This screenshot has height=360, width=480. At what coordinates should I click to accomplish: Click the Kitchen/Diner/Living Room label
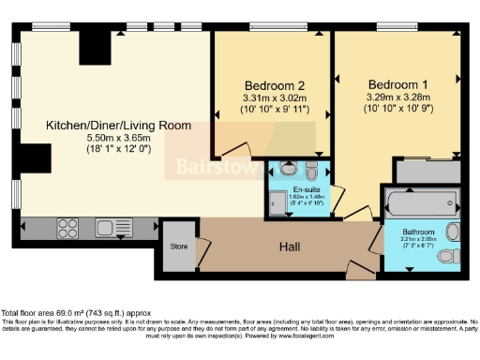click(119, 125)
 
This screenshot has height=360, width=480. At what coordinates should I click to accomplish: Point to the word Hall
click(291, 247)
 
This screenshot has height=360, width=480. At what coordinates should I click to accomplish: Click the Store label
click(178, 247)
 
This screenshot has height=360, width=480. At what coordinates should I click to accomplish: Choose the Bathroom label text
click(418, 232)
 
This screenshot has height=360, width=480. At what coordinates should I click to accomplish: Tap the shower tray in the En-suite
click(279, 201)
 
